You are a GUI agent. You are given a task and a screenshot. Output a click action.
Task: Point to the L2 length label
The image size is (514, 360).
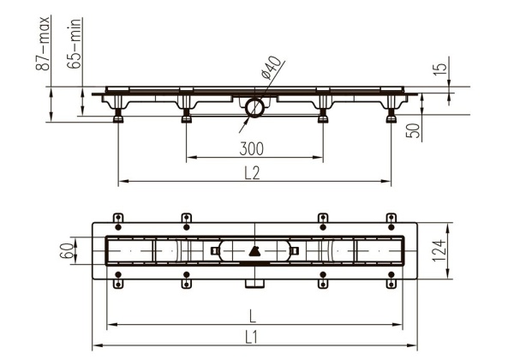click(x=251, y=172)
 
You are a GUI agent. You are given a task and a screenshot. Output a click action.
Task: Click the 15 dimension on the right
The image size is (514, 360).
click(x=438, y=69)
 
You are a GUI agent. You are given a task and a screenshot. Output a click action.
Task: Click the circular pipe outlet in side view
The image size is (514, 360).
click(x=254, y=108)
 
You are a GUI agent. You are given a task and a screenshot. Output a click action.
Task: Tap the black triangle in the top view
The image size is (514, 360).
click(x=255, y=250)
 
